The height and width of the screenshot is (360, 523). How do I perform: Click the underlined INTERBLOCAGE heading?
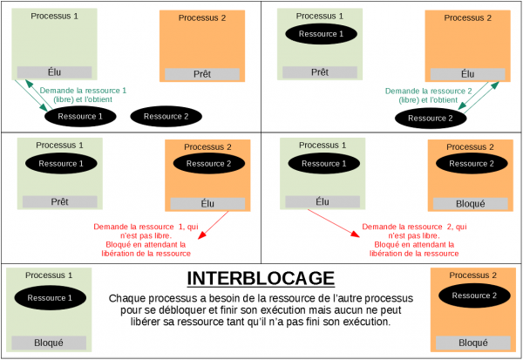click(x=261, y=279)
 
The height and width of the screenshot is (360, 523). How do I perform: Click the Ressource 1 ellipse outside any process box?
click(x=80, y=116)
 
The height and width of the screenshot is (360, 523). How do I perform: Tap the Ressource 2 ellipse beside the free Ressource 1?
click(x=166, y=116)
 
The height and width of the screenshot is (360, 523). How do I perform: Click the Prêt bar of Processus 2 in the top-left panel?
click(x=202, y=74)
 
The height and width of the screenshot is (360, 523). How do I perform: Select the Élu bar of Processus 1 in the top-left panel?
click(x=55, y=72)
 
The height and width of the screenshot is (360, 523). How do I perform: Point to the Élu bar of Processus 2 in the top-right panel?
click(x=467, y=74)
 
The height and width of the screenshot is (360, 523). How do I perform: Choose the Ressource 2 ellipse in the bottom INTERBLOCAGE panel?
click(x=473, y=295)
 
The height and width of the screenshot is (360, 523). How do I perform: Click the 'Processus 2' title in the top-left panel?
click(x=202, y=17)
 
